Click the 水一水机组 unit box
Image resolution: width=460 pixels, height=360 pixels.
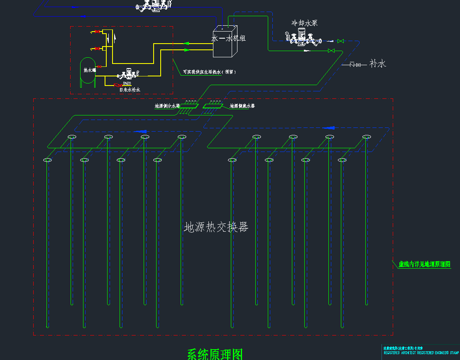[x=225, y=42]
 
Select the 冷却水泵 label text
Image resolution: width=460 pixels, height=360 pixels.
[x=304, y=23]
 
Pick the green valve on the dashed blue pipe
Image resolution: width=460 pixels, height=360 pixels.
[x=340, y=41]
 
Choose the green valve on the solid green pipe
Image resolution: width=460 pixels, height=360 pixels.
[x=331, y=51]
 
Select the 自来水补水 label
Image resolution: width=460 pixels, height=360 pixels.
[x=130, y=90]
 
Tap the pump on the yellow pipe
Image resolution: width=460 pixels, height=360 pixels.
[x=127, y=75]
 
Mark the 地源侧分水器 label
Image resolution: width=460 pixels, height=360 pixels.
[x=167, y=106]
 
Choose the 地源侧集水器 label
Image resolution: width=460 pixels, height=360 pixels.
[x=242, y=106]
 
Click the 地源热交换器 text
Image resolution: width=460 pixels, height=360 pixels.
[x=216, y=227]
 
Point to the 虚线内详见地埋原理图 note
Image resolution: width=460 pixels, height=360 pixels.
[x=424, y=264]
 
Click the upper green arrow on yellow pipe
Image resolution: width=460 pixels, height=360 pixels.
[x=186, y=43]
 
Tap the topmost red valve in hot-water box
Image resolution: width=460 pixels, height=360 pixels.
[x=97, y=32]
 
